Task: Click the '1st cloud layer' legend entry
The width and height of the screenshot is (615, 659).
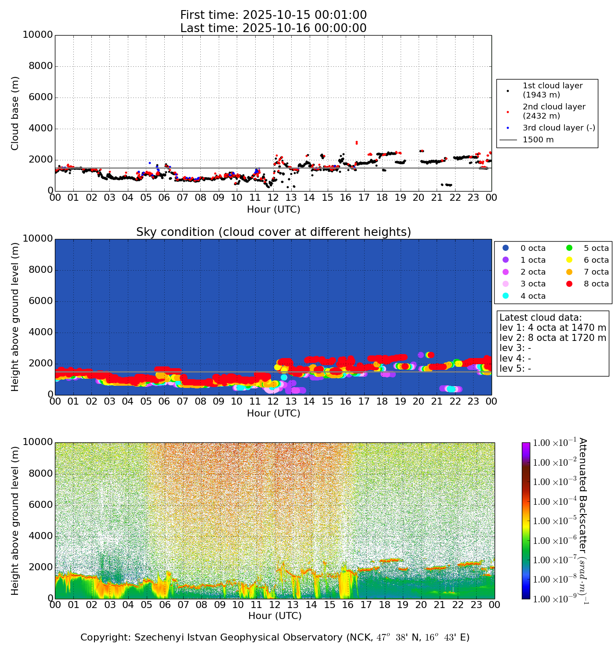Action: coord(552,90)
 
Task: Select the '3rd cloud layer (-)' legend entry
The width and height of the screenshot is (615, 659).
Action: coord(559,128)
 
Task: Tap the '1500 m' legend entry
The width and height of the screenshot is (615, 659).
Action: coord(538,140)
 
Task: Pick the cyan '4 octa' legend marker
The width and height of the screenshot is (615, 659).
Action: coord(506,296)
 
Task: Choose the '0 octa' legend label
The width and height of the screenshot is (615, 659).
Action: coord(533,248)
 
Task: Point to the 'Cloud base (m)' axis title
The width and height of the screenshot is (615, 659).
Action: coord(15,113)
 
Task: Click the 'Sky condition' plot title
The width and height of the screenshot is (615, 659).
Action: coord(273,232)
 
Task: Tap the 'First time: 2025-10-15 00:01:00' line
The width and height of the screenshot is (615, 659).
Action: coord(273,15)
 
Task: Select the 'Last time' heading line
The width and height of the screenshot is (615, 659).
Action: coord(273,28)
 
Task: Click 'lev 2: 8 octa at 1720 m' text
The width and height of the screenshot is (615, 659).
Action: coord(553,338)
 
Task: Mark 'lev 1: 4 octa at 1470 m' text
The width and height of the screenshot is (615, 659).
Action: coord(553,328)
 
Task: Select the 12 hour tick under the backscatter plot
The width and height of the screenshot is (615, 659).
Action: coord(275,605)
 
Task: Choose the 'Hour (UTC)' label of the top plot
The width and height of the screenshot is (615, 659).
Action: coord(273,210)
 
